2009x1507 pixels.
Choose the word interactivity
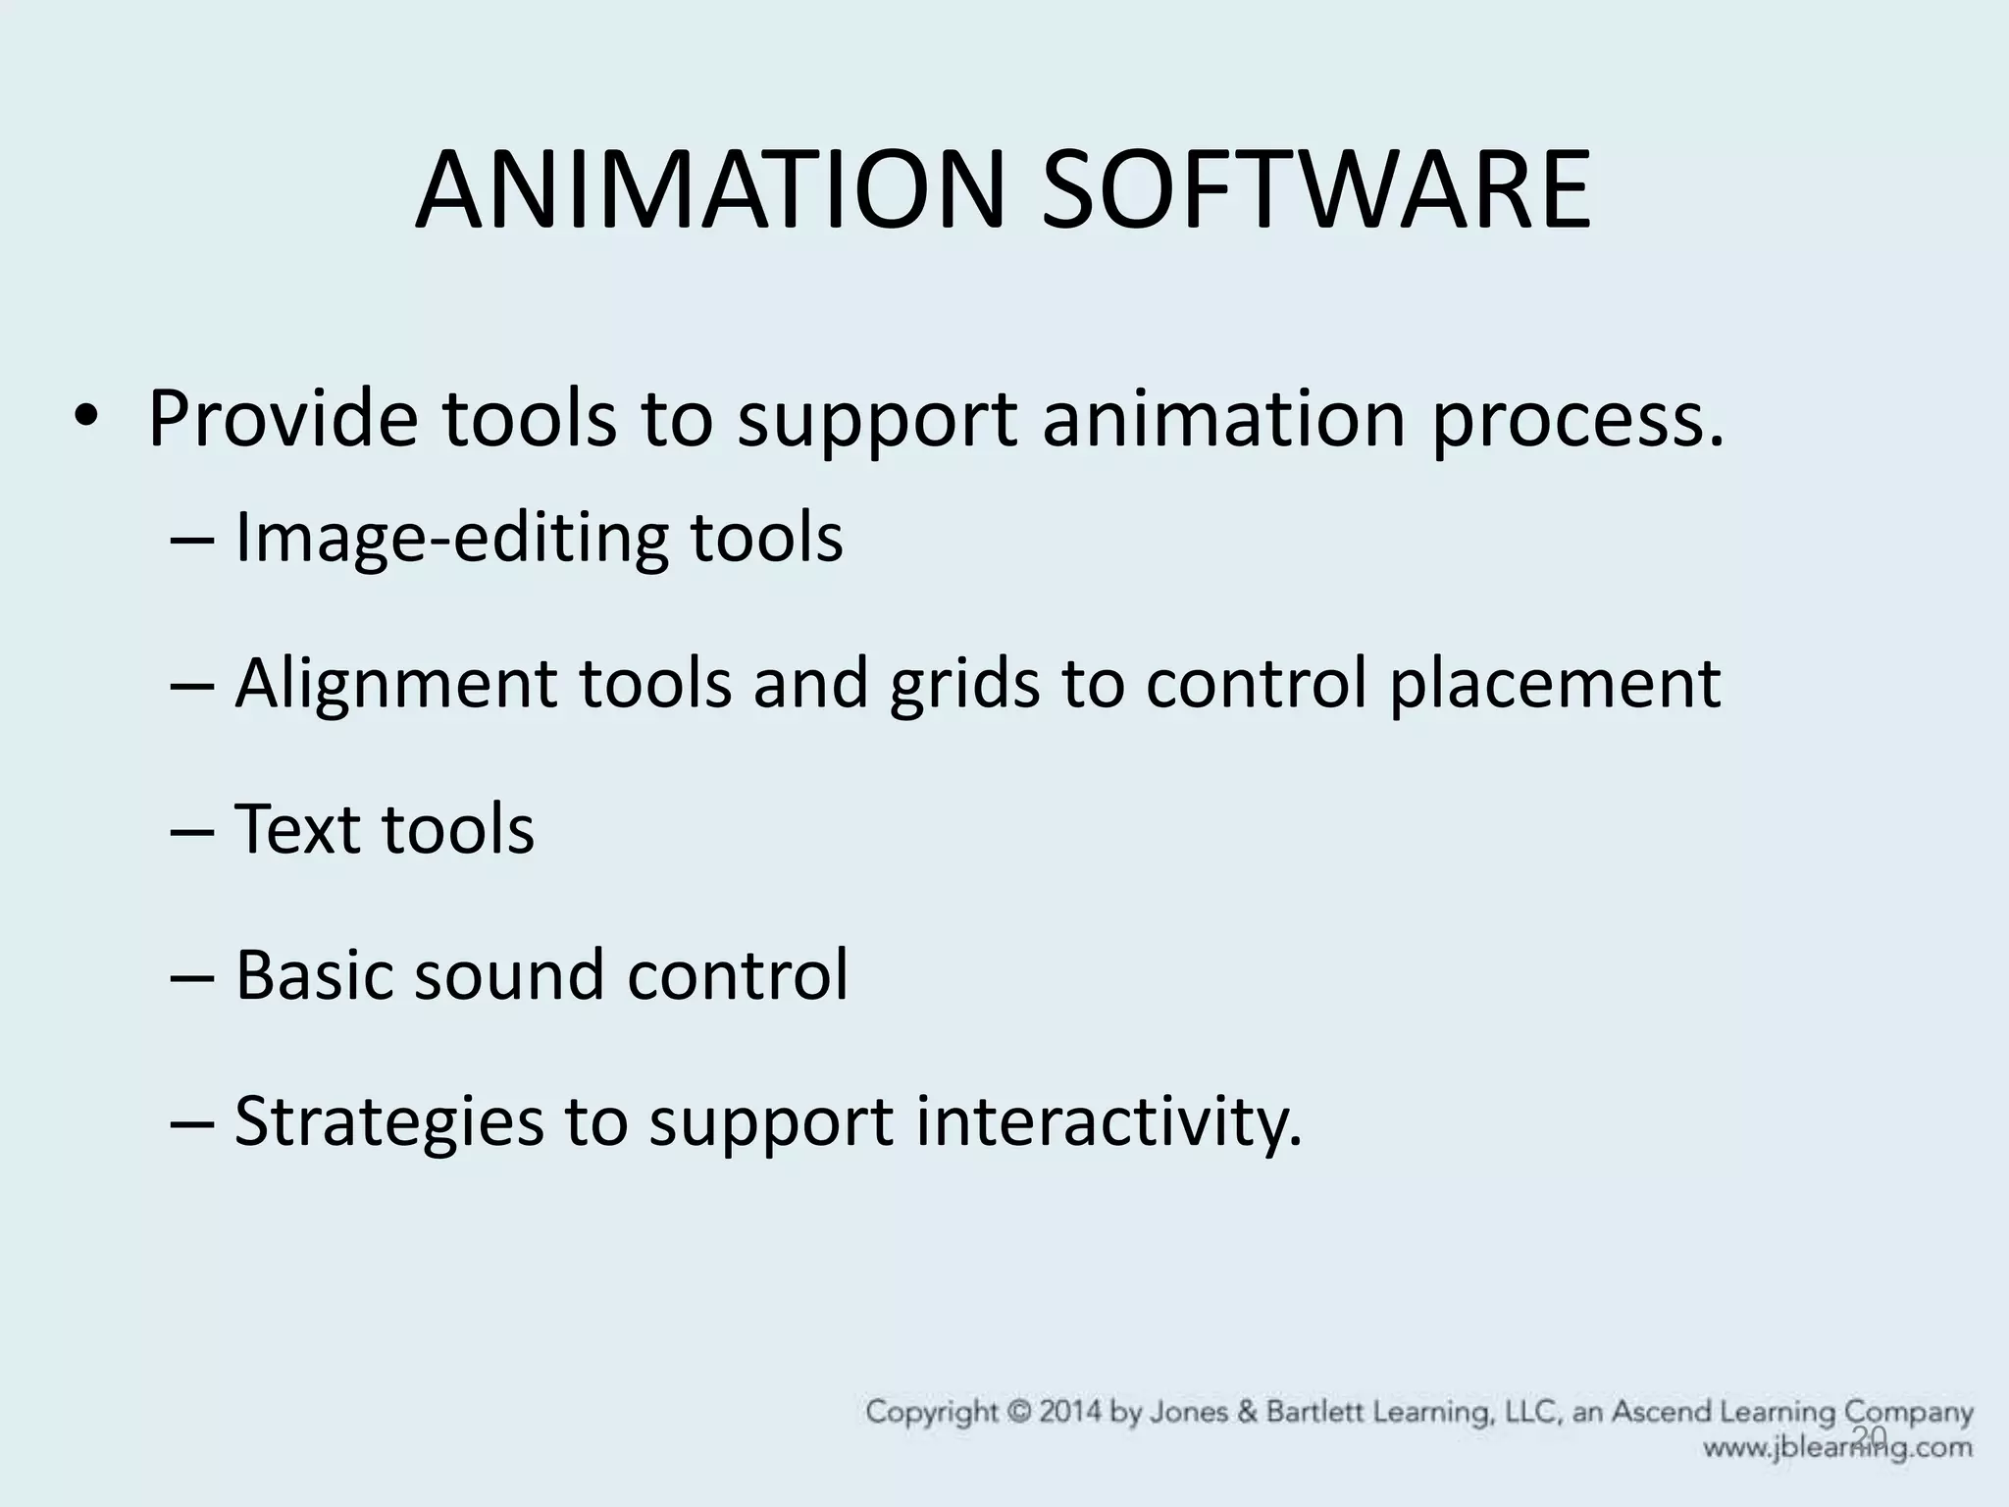pyautogui.click(x=1109, y=1121)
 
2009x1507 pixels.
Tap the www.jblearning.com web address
pyautogui.click(x=1837, y=1447)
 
